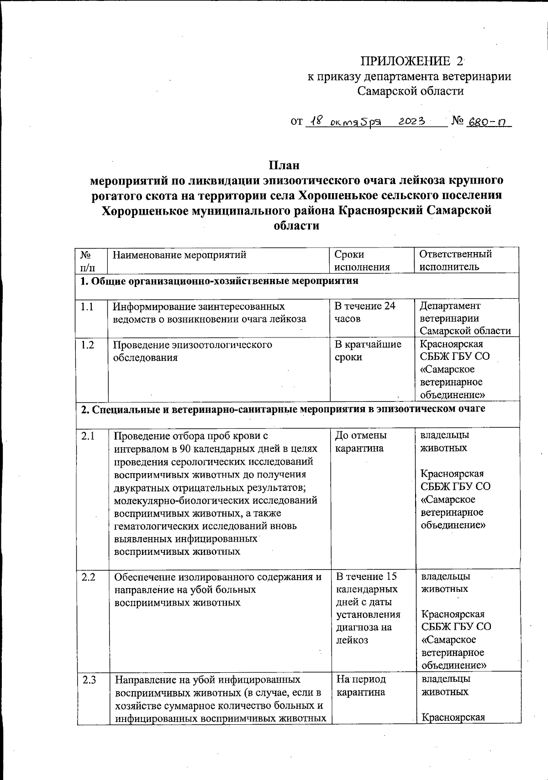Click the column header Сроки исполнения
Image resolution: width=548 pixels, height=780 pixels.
(x=362, y=261)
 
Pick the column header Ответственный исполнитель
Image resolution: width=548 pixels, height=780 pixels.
(x=455, y=260)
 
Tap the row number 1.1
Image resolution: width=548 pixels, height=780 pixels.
(x=87, y=306)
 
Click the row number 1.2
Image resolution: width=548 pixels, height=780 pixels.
(x=87, y=345)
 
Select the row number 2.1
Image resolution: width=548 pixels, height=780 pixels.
(x=88, y=436)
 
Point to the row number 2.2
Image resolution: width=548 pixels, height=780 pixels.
(x=89, y=577)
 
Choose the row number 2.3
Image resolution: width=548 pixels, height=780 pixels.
(x=89, y=680)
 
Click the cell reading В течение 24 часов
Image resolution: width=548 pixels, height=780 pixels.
(x=364, y=312)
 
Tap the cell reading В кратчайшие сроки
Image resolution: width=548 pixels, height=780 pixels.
(x=368, y=351)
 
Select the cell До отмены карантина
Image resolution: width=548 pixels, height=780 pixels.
(x=361, y=442)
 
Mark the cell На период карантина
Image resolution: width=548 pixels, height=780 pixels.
(x=361, y=685)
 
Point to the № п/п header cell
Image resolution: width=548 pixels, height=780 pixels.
(x=87, y=261)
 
